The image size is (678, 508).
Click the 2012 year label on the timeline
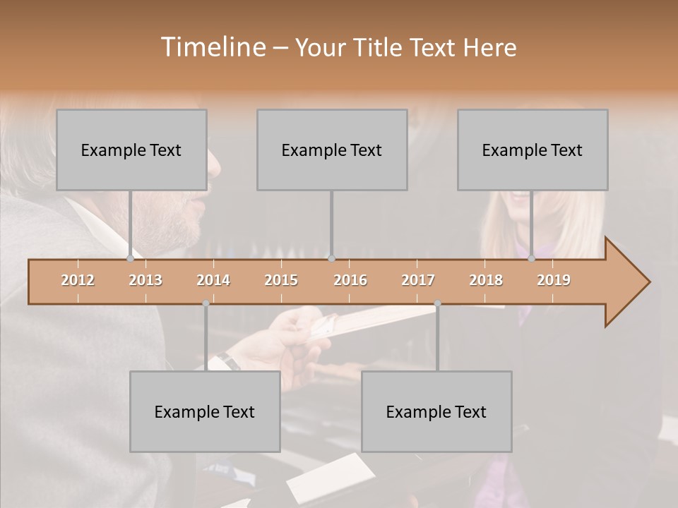pos(78,280)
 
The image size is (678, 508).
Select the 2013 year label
pos(145,280)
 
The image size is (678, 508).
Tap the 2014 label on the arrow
pos(213,280)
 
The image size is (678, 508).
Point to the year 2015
pos(281,280)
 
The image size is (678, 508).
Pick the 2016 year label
pos(350,280)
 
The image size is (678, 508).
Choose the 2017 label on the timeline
pos(418,280)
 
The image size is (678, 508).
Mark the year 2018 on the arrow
pos(486,280)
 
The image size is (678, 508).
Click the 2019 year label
pos(554,280)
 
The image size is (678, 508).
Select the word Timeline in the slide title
pos(213,47)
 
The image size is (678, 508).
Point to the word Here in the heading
pos(489,47)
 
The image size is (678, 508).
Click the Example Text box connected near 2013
pos(131,150)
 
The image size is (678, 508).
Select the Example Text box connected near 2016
pos(332,150)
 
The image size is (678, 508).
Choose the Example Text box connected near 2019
pos(533,150)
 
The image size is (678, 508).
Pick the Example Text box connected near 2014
pos(205,411)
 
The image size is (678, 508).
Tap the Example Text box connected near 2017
pos(436,411)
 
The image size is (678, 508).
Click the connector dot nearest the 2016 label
pos(331,258)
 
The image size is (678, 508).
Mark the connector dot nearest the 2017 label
pos(437,303)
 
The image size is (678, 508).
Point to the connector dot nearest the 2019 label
pos(532,258)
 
